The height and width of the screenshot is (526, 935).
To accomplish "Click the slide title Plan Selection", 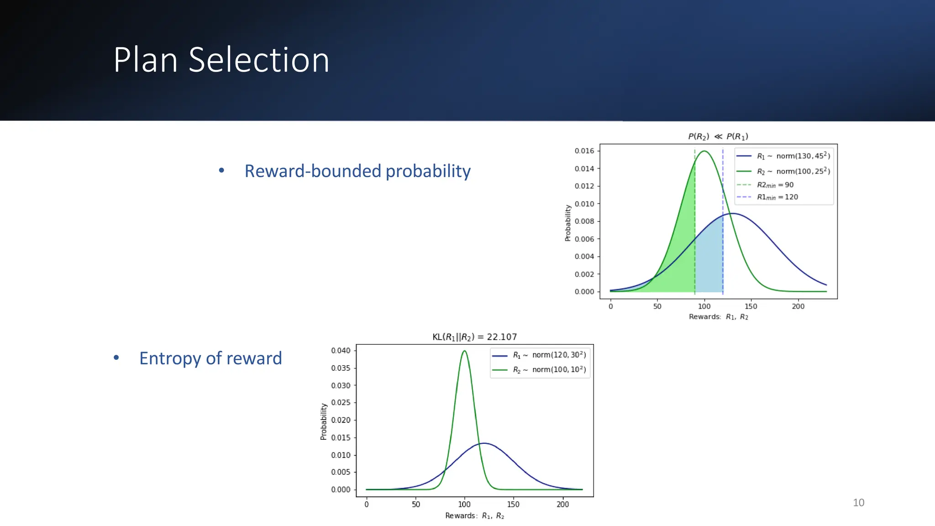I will (221, 60).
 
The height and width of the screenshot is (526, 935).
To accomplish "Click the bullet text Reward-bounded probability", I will (357, 171).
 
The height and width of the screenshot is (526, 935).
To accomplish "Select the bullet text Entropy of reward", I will (210, 358).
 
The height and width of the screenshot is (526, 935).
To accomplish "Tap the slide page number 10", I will (858, 502).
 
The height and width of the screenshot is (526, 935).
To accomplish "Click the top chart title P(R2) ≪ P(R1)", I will (718, 136).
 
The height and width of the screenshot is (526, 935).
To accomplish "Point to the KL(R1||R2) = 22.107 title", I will (474, 337).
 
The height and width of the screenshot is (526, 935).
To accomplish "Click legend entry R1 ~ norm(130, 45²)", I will (793, 156).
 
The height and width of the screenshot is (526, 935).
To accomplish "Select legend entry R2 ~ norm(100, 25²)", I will (793, 171).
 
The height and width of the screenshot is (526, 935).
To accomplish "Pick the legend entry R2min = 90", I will (775, 185).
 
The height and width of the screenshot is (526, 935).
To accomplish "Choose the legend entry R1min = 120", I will (777, 197).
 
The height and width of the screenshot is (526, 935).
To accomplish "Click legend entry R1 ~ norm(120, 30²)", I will (549, 355).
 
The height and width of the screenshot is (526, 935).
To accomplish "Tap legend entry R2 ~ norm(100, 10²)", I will (549, 370).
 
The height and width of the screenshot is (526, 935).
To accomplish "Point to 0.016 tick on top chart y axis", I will (584, 151).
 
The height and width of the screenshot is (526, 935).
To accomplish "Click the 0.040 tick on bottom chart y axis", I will (341, 351).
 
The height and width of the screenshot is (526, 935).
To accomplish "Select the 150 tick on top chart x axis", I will (751, 306).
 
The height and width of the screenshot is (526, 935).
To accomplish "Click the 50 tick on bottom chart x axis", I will (416, 505).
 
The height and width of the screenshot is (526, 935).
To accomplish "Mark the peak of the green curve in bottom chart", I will (464, 351).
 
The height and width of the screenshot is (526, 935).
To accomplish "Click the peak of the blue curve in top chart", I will (732, 214).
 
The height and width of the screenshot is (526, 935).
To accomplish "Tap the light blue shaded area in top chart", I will (709, 269).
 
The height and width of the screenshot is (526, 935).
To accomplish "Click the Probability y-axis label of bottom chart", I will (324, 421).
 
